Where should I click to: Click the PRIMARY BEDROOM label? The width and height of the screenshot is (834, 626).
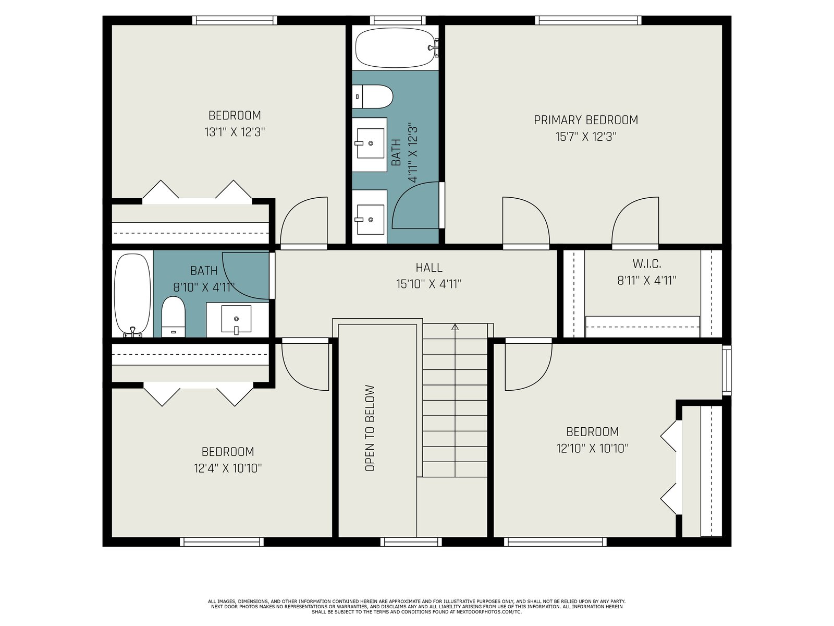pyautogui.click(x=585, y=120)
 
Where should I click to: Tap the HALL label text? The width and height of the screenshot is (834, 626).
pyautogui.click(x=428, y=268)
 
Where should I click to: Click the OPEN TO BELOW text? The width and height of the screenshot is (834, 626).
pyautogui.click(x=370, y=428)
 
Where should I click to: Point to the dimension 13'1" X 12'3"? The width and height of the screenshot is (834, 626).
pyautogui.click(x=235, y=132)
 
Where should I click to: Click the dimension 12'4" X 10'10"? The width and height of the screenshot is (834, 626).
pyautogui.click(x=228, y=468)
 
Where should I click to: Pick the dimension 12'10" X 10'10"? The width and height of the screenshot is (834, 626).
pyautogui.click(x=592, y=448)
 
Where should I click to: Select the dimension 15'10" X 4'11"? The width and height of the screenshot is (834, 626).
pyautogui.click(x=428, y=284)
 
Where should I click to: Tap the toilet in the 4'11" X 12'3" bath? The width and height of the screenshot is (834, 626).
pyautogui.click(x=372, y=97)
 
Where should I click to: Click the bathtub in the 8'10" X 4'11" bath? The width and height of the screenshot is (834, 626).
pyautogui.click(x=132, y=295)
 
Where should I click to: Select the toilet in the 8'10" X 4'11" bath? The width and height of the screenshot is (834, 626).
pyautogui.click(x=173, y=317)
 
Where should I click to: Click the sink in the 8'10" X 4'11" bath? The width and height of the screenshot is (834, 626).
pyautogui.click(x=236, y=319)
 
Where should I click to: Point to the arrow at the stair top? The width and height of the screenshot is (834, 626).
pyautogui.click(x=455, y=327)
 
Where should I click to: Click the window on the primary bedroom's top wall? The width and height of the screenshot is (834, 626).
pyautogui.click(x=588, y=20)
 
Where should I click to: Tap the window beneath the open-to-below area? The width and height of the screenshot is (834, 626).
pyautogui.click(x=411, y=541)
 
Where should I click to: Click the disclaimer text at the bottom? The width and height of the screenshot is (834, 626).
pyautogui.click(x=417, y=607)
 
